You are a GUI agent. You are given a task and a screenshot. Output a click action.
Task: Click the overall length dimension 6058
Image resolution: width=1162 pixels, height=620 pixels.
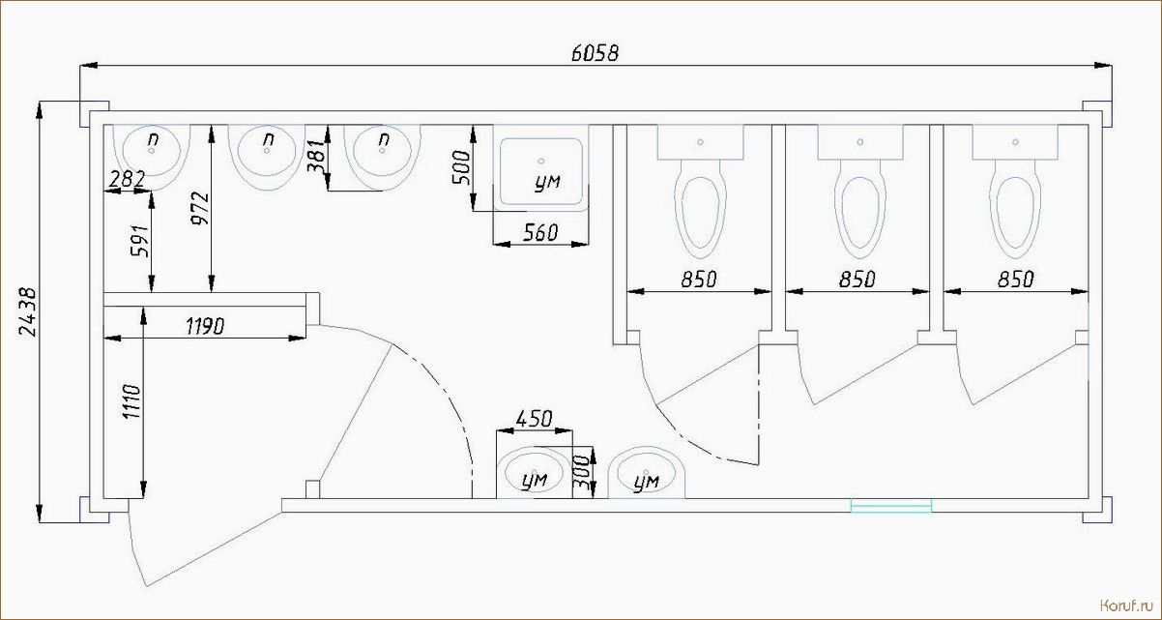pos(595,53)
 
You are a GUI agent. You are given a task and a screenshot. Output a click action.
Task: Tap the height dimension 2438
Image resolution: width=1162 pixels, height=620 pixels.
pos(27,312)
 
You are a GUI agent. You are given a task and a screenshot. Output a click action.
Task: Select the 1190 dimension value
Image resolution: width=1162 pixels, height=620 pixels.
pos(205,326)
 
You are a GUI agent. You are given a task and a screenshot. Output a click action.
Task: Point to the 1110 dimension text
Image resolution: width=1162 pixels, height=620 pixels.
pos(131,401)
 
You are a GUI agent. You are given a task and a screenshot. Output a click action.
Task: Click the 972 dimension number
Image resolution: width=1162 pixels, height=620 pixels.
pos(200,208)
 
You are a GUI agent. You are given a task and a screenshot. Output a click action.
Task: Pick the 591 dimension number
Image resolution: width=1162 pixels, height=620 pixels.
pos(140,241)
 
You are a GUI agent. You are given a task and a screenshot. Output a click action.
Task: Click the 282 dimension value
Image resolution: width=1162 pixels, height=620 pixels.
pos(127,179)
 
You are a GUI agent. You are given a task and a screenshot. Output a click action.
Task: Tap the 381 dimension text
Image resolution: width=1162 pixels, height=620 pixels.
pos(316,156)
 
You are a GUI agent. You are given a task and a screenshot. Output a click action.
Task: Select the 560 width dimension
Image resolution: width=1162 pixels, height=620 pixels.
pos(540,232)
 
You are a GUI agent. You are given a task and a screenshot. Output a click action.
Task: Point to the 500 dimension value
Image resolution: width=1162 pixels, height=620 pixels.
pos(461,167)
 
